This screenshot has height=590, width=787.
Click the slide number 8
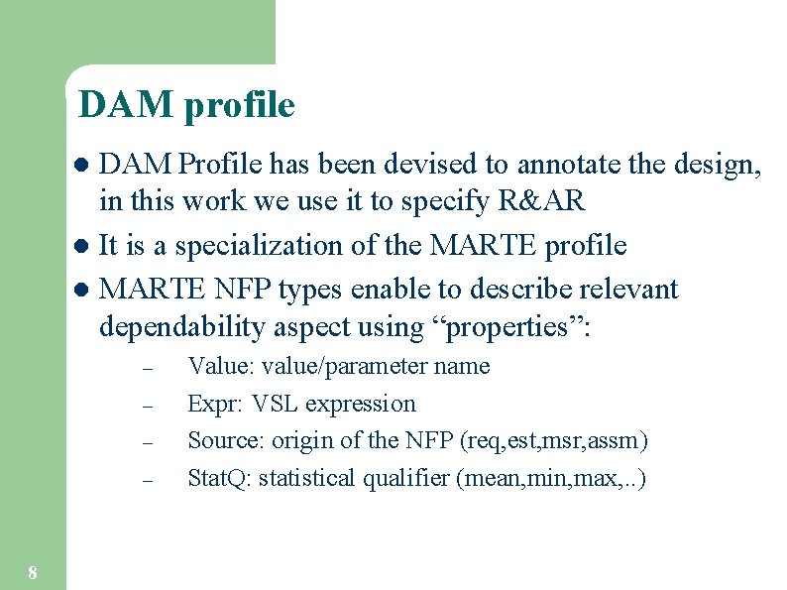point(33,572)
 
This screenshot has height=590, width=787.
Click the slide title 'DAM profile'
point(186,104)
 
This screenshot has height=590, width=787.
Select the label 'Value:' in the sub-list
point(221,366)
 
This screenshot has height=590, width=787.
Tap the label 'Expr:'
point(217,404)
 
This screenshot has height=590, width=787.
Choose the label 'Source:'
point(225,440)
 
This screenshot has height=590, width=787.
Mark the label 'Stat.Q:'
point(220,478)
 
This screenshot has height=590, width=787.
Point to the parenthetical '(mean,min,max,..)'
point(551,478)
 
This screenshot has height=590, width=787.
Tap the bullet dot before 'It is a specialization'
point(85,246)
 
